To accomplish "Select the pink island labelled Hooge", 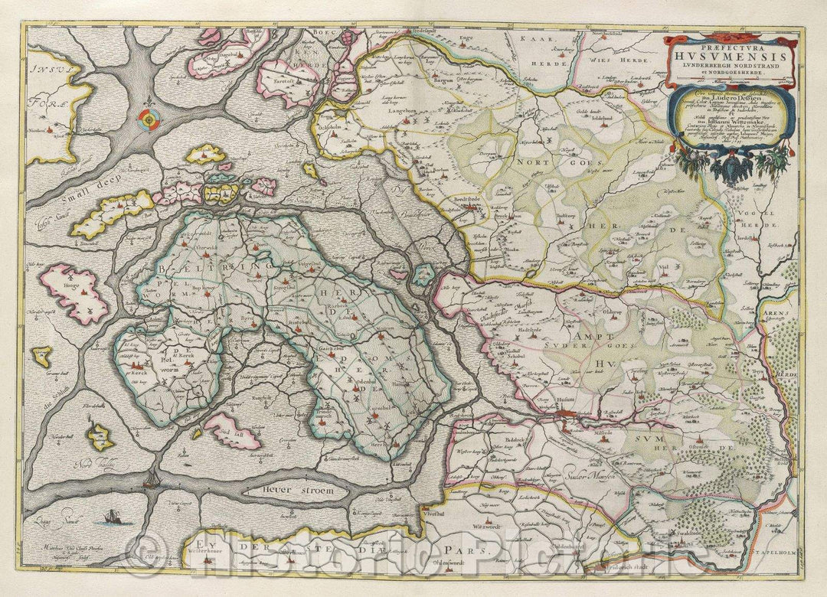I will pos(74,293).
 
